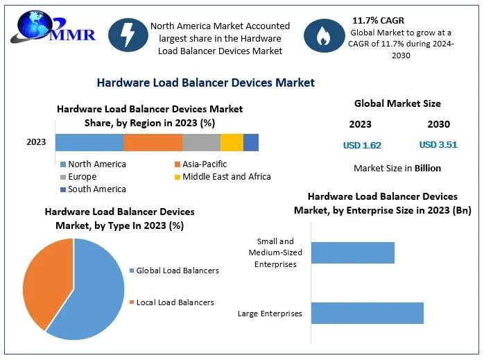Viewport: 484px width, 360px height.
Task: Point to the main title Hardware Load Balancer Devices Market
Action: click(205, 83)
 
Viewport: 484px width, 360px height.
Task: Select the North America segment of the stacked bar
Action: click(89, 142)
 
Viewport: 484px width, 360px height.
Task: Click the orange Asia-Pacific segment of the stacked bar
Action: click(153, 142)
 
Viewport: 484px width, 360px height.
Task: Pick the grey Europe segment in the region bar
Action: click(201, 142)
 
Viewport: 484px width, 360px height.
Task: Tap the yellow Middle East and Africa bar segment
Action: click(232, 142)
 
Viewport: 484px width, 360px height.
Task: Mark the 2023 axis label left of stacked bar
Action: click(36, 142)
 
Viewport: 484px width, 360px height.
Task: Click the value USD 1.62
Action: click(362, 146)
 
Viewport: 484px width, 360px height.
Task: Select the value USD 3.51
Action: click(438, 146)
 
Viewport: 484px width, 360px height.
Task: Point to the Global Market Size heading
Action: click(397, 104)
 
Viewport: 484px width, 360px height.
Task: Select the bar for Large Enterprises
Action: click(367, 313)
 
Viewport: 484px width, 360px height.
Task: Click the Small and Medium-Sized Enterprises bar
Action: click(352, 252)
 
